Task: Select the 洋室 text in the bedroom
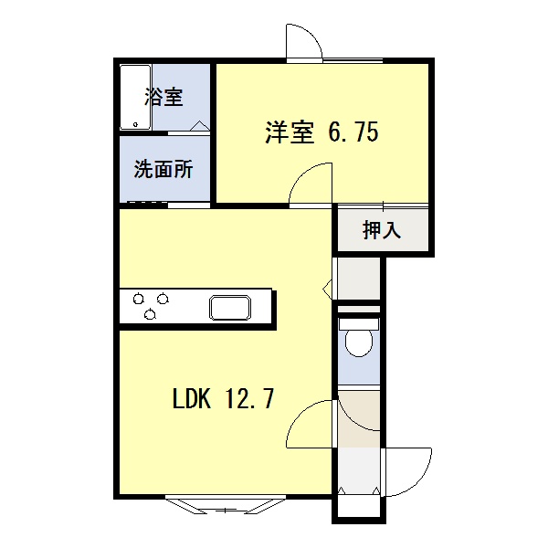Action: point(289,133)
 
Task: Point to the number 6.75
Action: point(353,133)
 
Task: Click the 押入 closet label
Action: point(382,230)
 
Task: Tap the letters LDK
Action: point(191,399)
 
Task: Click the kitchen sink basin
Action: point(229,307)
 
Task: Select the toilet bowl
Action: point(357,343)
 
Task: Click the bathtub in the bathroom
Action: point(134,99)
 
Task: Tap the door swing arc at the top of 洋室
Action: point(302,42)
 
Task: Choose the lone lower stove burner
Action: point(149,315)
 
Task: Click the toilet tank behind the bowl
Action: point(357,323)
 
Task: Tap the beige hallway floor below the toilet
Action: point(357,419)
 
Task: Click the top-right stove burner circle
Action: point(162,297)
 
